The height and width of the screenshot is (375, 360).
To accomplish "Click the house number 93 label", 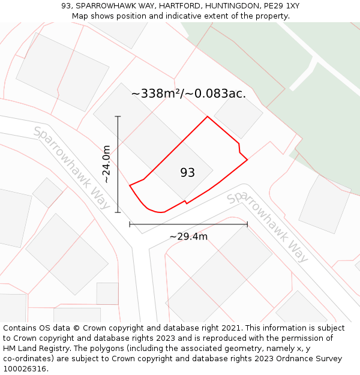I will [187, 173].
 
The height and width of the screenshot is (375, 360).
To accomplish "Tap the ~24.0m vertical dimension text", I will [106, 164].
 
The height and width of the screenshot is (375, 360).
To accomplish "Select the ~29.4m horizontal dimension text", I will [188, 236].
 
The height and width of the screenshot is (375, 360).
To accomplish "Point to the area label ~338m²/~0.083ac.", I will [188, 94].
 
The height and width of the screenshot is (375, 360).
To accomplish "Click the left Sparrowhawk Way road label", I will [71, 167].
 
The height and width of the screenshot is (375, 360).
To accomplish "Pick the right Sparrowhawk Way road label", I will [268, 226].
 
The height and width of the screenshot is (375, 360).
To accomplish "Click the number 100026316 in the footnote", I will [23, 369].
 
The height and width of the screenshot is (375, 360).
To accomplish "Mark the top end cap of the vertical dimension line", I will [118, 116].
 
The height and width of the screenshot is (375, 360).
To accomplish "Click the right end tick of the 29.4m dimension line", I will [247, 224].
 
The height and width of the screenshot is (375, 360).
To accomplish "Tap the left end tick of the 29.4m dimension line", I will [130, 224].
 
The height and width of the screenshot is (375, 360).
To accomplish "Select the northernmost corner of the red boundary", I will [208, 116].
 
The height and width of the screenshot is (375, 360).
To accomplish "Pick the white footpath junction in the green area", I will [311, 62].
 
